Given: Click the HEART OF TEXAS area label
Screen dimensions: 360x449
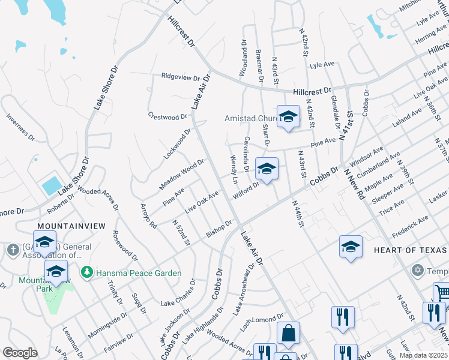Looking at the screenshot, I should click(x=411, y=250).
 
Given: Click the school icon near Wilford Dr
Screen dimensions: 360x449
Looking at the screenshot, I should click(x=267, y=169).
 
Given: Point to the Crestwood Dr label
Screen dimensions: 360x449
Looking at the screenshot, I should click(x=168, y=116).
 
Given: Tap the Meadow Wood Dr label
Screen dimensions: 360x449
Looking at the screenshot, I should click(x=182, y=175).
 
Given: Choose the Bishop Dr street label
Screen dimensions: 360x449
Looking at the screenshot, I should click(x=219, y=229).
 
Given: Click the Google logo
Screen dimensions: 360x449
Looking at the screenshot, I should click(x=20, y=353).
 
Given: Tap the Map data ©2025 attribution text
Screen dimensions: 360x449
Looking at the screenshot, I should click(x=423, y=355).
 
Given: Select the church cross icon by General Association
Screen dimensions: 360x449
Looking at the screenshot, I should click(x=12, y=248).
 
